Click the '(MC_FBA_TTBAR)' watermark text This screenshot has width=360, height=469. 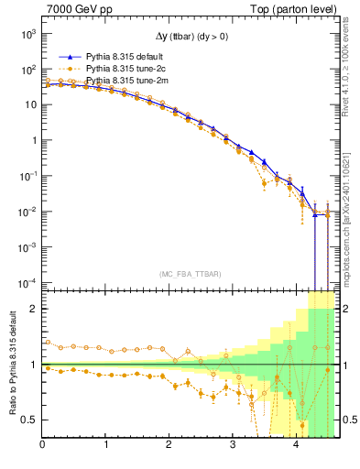tap(191, 274)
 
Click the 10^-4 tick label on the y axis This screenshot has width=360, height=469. tap(27, 282)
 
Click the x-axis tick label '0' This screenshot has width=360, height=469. tap(43, 445)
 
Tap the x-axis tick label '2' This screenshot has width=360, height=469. tap(169, 445)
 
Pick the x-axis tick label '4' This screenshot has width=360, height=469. tap(296, 445)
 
